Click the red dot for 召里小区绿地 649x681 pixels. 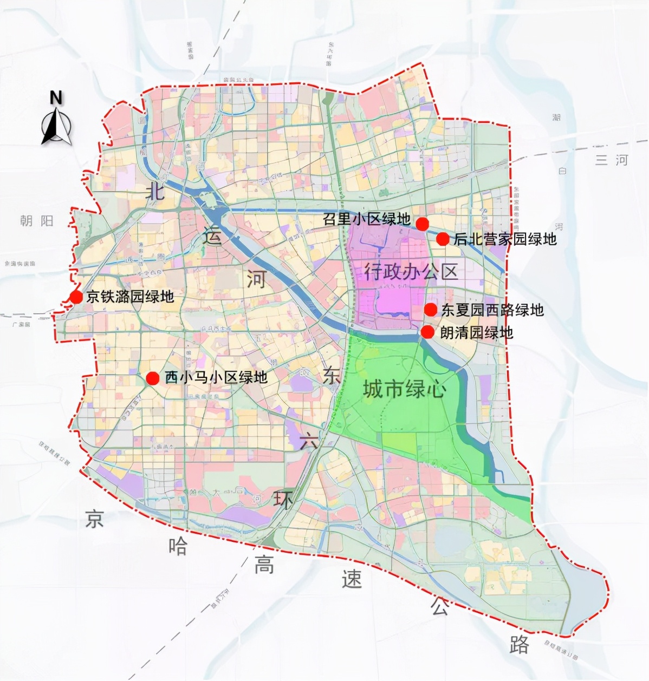(x=422, y=223)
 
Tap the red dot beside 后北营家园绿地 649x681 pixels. (x=443, y=239)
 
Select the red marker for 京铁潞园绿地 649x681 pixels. (x=76, y=297)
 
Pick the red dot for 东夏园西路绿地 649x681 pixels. (x=430, y=310)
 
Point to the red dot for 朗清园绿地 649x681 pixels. (x=427, y=332)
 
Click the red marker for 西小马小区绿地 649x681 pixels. (x=153, y=378)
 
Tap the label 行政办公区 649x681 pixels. (x=411, y=271)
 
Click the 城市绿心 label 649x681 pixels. (x=404, y=388)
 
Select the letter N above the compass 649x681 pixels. (x=56, y=98)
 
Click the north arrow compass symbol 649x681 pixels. (x=56, y=127)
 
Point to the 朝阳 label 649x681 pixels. (x=37, y=220)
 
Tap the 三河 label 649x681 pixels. (x=612, y=160)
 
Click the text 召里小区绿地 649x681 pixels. (x=366, y=219)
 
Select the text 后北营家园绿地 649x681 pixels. (x=505, y=239)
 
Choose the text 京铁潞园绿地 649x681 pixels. (x=130, y=296)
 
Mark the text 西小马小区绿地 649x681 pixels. (x=216, y=377)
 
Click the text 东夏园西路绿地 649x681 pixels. (x=492, y=310)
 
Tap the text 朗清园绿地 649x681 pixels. (x=476, y=332)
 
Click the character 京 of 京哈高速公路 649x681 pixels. (x=94, y=518)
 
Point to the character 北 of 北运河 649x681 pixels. (x=155, y=191)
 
